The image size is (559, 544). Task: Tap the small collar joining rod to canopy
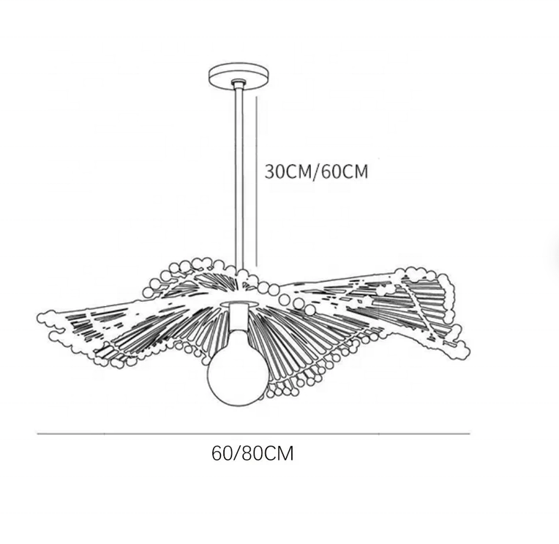(239, 83)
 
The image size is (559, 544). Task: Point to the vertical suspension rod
(239, 176)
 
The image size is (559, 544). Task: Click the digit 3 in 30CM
(270, 172)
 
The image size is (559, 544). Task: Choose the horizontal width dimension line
(252, 434)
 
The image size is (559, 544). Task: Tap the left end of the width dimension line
(38, 434)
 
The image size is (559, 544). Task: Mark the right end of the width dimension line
(469, 434)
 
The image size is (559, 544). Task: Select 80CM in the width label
(265, 453)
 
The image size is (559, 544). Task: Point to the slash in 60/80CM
(235, 453)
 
